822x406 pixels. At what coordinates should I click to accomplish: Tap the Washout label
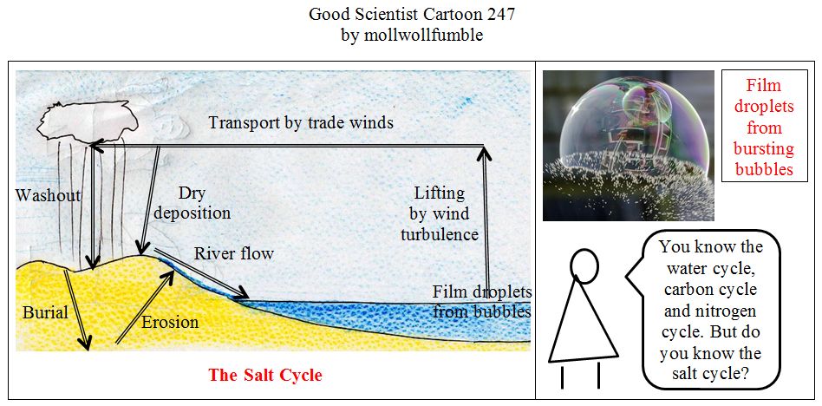[x=49, y=196]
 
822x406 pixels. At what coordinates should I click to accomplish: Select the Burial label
[x=46, y=312]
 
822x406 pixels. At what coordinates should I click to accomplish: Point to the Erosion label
[x=170, y=322]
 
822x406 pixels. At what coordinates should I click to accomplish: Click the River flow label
[x=234, y=254]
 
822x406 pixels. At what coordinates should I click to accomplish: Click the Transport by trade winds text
[x=301, y=122]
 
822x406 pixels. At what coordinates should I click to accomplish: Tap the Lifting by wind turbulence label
[x=440, y=213]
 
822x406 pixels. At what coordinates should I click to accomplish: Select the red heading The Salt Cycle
[x=265, y=376]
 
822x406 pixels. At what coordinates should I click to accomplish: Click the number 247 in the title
[x=500, y=14]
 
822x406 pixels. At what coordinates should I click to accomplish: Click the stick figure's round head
[x=584, y=261]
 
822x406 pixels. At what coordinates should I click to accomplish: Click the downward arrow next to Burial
[x=76, y=310]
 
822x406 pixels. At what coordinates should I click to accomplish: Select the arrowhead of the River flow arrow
[x=241, y=292]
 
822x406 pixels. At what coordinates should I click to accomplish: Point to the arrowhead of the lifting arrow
[x=485, y=153]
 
